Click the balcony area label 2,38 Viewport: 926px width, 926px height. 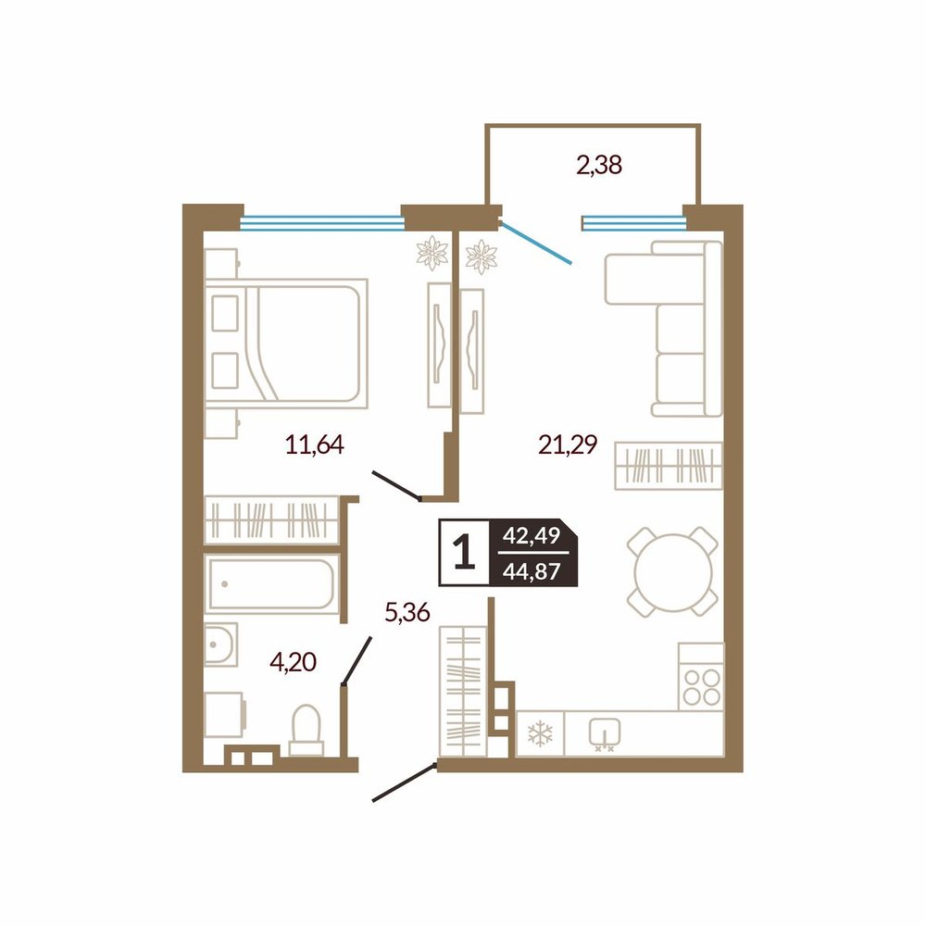(599, 166)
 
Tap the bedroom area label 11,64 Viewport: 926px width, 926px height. (314, 444)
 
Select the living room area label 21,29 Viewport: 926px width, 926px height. (568, 444)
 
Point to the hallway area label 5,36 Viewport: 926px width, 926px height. (407, 612)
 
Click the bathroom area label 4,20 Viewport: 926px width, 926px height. (293, 661)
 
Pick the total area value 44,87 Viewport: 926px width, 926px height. (532, 571)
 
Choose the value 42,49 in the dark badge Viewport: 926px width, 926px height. (532, 535)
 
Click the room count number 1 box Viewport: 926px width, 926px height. (464, 553)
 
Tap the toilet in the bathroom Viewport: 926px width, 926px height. (307, 730)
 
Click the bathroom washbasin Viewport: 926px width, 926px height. (221, 644)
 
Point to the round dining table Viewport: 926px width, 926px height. (672, 571)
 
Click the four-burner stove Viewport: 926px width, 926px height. (701, 676)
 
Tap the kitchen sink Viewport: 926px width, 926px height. (604, 732)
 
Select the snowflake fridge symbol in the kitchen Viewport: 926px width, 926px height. (540, 733)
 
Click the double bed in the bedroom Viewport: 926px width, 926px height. (286, 344)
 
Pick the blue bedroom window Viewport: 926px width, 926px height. (322, 223)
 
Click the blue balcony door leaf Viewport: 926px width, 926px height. (535, 242)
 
